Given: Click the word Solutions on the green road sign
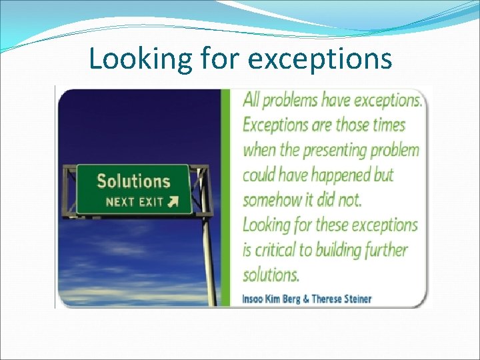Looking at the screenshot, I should click(x=133, y=181).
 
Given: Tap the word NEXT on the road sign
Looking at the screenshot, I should click(x=120, y=201).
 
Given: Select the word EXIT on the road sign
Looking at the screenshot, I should click(x=151, y=201).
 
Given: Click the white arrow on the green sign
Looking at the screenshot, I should click(x=173, y=201).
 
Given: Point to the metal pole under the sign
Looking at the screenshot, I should click(x=207, y=260).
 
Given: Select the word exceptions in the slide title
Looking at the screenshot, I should click(x=319, y=59).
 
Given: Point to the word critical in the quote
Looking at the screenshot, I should click(x=280, y=250).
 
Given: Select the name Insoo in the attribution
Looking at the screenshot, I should click(x=253, y=298).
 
